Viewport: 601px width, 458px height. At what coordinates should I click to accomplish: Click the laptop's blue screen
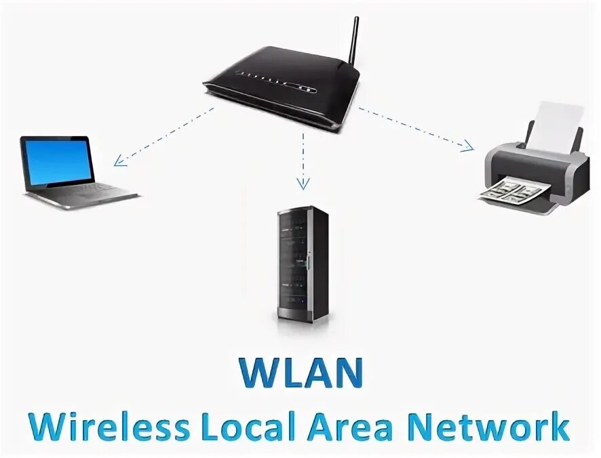[x=57, y=161]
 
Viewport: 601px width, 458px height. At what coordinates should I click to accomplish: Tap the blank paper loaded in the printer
[x=554, y=126]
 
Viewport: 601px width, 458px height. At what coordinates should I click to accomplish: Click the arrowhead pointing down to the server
[x=303, y=182]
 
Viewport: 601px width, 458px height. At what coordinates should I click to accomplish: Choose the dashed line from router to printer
[x=414, y=127]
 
